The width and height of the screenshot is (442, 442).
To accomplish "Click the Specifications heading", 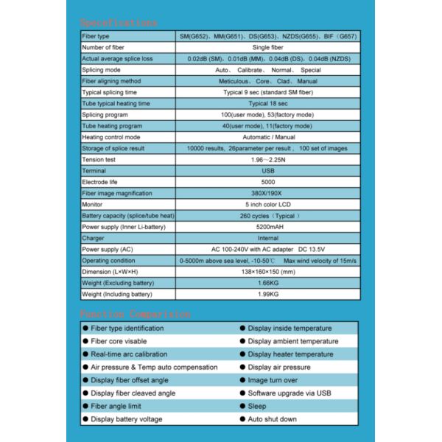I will (119, 23).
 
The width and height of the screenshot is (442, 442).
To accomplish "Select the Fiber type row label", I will (96, 36).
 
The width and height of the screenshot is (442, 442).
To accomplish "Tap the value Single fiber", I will (268, 47).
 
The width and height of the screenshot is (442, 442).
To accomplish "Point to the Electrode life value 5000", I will (268, 181).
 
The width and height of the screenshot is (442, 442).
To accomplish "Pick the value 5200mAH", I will (268, 227).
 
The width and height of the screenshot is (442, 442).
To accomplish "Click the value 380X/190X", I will (268, 193).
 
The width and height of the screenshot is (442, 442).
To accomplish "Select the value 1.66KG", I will (268, 283).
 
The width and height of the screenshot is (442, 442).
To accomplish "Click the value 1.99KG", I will (268, 294).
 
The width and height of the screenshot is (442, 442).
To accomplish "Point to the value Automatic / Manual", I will (268, 137).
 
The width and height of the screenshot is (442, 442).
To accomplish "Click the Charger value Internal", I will (268, 238).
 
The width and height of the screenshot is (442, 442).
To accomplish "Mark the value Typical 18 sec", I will (268, 103).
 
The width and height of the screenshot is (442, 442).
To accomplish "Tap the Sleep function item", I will (257, 406).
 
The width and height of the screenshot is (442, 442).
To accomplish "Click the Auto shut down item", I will (272, 419).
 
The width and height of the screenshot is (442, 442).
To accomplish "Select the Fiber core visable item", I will (119, 341).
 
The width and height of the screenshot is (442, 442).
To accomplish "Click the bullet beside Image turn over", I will (242, 380).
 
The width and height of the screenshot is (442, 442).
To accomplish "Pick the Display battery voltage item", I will (127, 419).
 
